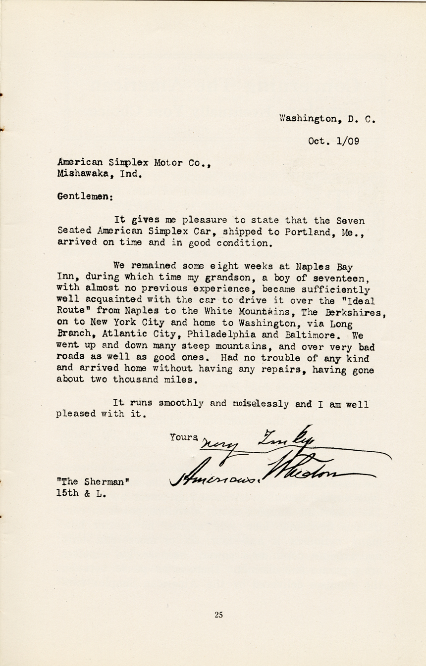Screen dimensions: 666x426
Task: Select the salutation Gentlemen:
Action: (85, 196)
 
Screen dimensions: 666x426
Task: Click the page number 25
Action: (219, 615)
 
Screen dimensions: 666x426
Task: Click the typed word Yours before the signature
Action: (184, 437)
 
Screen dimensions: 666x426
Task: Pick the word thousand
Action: (137, 381)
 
